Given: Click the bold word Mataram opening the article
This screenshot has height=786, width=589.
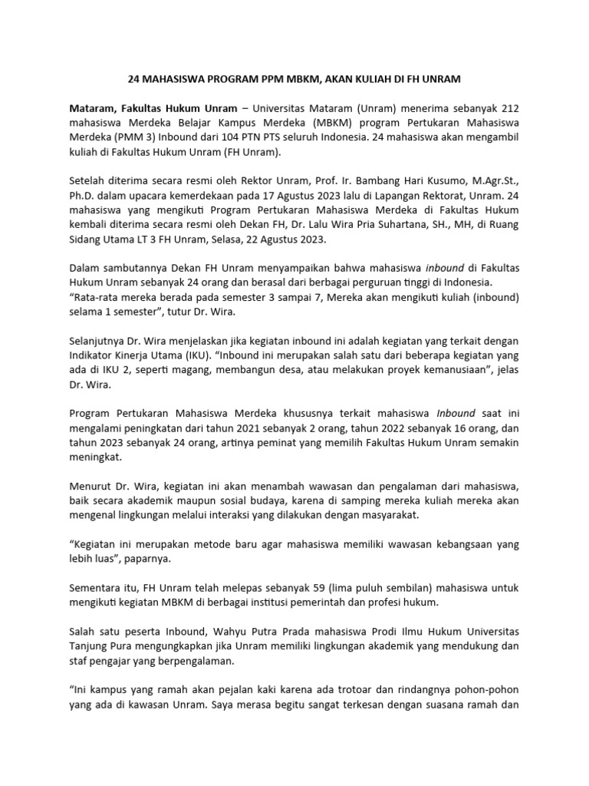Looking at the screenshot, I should [93, 109].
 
